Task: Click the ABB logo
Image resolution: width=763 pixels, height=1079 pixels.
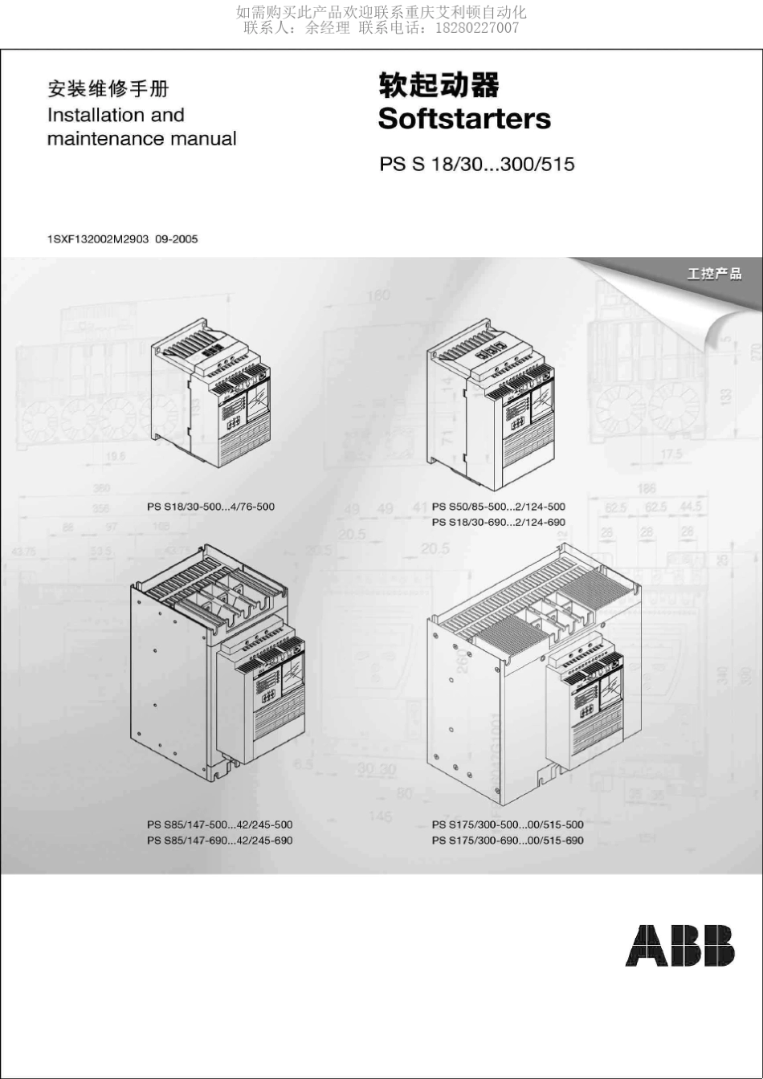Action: [679, 945]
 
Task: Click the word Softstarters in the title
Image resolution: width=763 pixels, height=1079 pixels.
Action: [464, 119]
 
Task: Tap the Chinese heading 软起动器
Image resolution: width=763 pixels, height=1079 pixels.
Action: [439, 86]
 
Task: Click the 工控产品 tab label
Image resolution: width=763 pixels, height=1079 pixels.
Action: [714, 275]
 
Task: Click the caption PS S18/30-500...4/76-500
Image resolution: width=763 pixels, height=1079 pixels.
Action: [210, 507]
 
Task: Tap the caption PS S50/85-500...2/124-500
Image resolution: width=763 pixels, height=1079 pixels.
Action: [498, 507]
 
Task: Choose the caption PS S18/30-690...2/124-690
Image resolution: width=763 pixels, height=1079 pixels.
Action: [498, 522]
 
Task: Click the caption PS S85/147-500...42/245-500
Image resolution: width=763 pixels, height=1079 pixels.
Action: [219, 825]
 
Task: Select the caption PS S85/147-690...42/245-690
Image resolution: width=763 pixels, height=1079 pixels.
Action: [219, 840]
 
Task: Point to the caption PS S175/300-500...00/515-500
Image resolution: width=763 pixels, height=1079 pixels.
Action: [507, 825]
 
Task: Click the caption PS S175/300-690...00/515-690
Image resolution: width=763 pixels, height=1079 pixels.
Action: [507, 840]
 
